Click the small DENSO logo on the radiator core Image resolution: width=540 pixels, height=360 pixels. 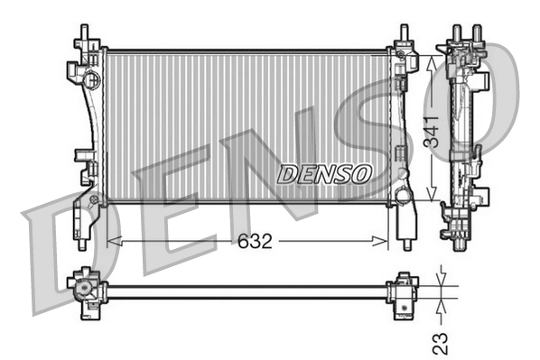(323, 173)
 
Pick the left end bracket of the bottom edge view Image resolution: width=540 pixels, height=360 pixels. (85, 290)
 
